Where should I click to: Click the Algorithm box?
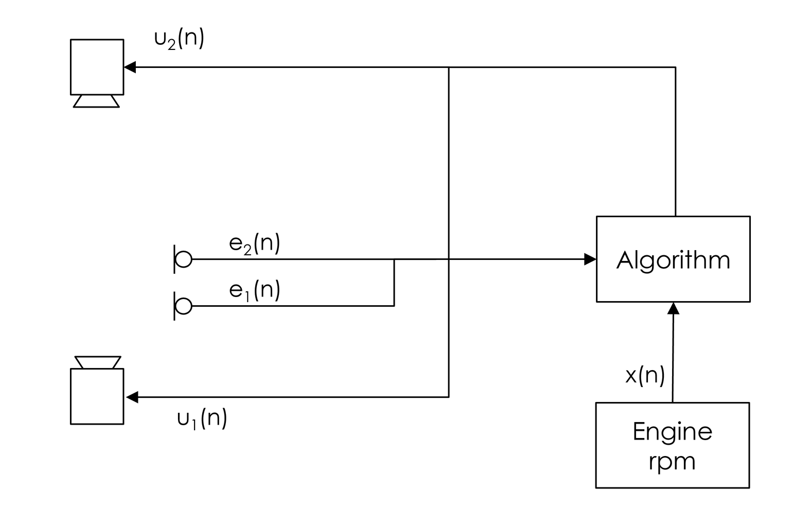[x=673, y=259]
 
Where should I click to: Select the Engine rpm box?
[x=672, y=445]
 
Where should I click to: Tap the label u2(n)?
[x=179, y=39]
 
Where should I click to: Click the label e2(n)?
[x=254, y=243]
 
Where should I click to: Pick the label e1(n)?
[x=254, y=290]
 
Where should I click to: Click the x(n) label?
[x=645, y=375]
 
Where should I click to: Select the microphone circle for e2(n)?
[x=184, y=259]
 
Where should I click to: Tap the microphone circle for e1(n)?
[x=184, y=306]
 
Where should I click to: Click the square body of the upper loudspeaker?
[x=97, y=67]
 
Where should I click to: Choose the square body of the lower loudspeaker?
[x=97, y=396]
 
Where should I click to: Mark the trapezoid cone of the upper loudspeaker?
[x=96, y=101]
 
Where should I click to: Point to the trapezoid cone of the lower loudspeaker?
[x=98, y=362]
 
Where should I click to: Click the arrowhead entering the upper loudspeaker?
[x=130, y=67]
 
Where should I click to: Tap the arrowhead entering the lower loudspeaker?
[x=132, y=397]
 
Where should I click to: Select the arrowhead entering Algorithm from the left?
[x=590, y=259]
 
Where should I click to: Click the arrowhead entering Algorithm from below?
[x=673, y=308]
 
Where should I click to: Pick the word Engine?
[x=672, y=431]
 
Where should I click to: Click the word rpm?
[x=672, y=461]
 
